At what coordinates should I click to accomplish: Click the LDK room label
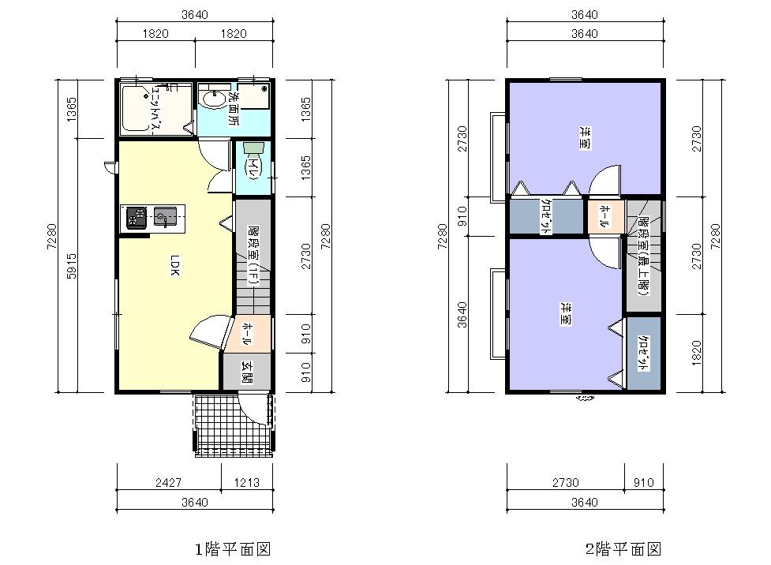tap(175, 265)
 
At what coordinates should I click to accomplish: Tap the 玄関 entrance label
tap(247, 372)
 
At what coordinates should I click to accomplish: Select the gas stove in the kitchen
tap(137, 217)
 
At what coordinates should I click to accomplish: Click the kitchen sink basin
tap(165, 216)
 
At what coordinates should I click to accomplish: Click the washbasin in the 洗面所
tap(213, 99)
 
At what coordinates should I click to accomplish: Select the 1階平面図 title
tap(233, 548)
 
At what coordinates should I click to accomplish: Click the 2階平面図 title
tap(623, 548)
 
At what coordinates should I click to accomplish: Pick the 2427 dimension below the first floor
tap(168, 482)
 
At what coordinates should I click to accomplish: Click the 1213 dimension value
tap(246, 482)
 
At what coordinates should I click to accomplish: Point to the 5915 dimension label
tap(72, 266)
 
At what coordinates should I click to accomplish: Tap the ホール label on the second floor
tap(605, 216)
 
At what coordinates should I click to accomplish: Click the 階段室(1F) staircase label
tap(253, 256)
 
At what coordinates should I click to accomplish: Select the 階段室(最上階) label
tap(644, 256)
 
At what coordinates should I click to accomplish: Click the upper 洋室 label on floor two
tap(585, 138)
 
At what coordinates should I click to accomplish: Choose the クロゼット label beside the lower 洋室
tap(643, 353)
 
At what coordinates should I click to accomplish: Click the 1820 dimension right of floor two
tap(696, 353)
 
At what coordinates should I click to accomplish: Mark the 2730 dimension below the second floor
tap(566, 482)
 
